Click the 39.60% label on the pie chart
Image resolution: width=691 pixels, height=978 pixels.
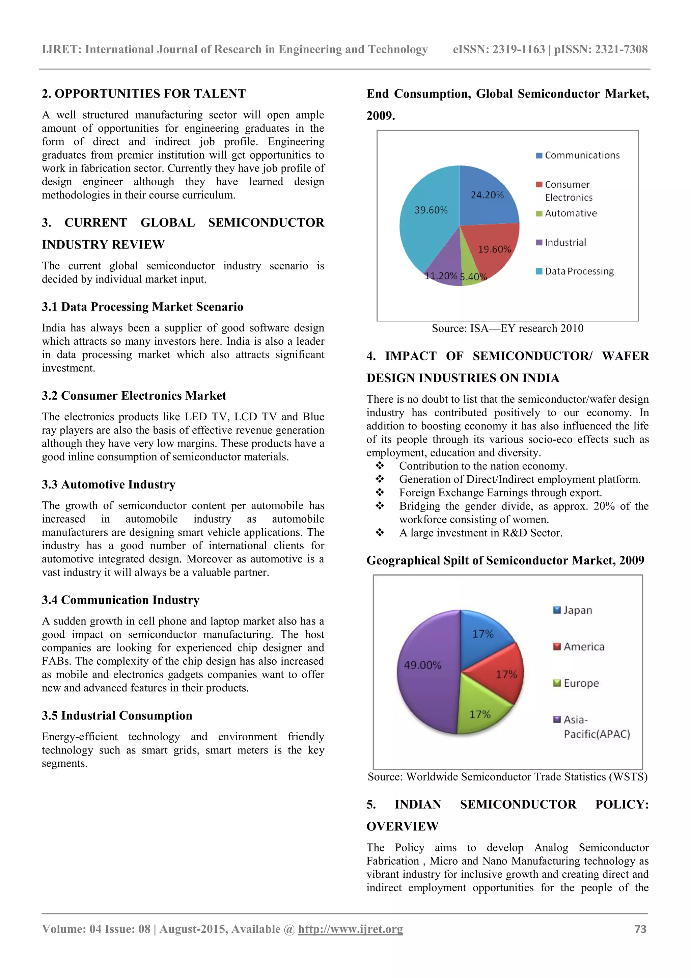431,210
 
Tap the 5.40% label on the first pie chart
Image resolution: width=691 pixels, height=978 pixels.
473,277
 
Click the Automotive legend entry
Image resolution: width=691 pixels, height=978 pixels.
570,213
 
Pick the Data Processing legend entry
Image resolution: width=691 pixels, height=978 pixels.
579,271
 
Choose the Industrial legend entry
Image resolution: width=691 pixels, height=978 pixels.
564,242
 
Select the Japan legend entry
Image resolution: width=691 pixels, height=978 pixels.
577,610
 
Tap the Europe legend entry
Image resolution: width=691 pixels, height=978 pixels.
580,683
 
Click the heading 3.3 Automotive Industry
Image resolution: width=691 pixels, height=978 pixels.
109,484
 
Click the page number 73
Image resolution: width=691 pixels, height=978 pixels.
640,929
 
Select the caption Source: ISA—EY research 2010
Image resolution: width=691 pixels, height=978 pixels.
507,328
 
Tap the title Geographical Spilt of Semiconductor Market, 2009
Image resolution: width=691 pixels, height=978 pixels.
505,560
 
